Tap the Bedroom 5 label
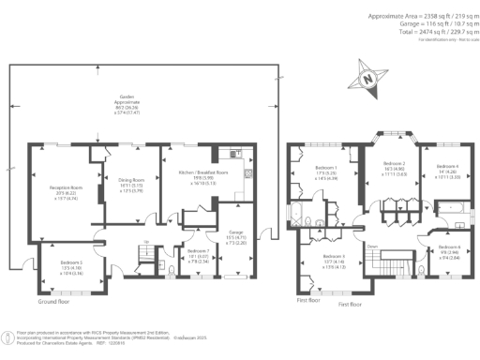point(71,263)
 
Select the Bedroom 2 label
point(394,165)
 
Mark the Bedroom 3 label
point(335,257)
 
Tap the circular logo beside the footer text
point(7,337)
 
